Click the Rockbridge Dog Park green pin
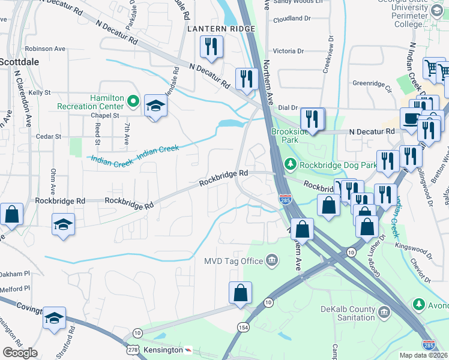coord(291,164)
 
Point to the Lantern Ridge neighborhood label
coord(221,29)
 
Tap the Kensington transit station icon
coord(189,350)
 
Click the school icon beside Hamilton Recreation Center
coord(155,107)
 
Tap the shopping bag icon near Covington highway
coord(240,293)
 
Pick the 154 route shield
coord(243,327)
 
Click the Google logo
coord(20,352)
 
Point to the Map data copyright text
coord(423,355)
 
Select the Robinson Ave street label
coord(46,49)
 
